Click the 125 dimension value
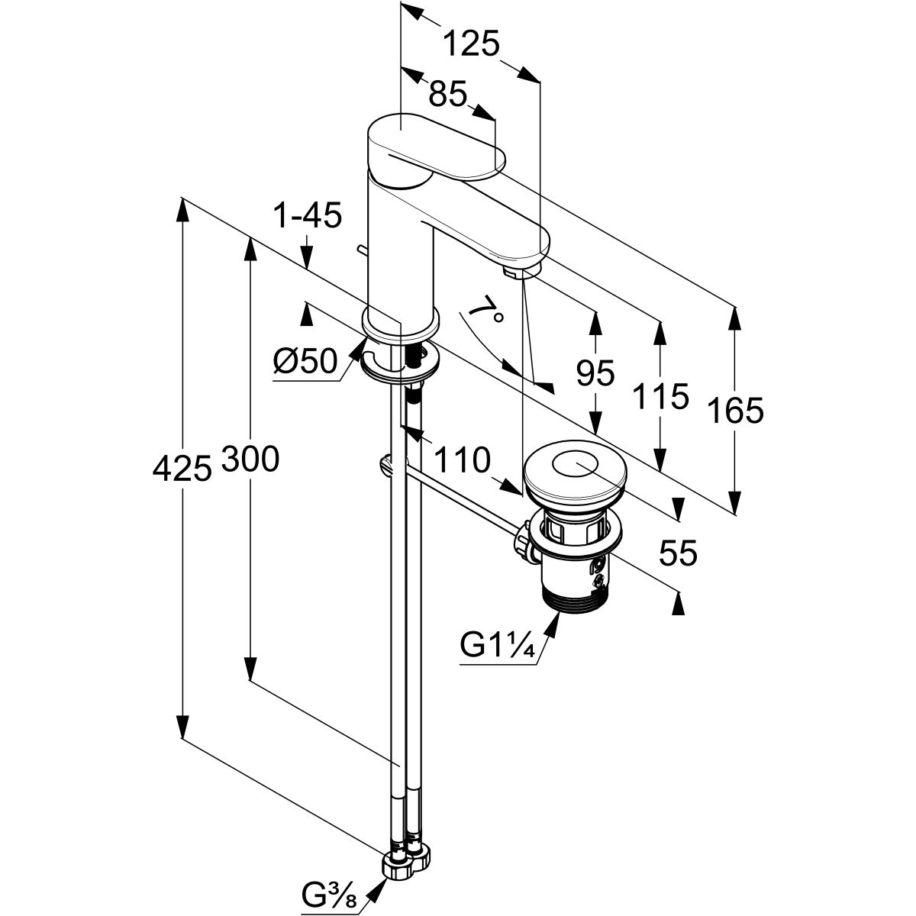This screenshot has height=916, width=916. [x=471, y=44]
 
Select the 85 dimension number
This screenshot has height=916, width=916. [x=447, y=95]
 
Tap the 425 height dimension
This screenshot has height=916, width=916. [x=182, y=468]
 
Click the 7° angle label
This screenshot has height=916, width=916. [x=484, y=312]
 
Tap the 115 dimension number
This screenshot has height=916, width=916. [x=660, y=397]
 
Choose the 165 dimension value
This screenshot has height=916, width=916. [x=735, y=411]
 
